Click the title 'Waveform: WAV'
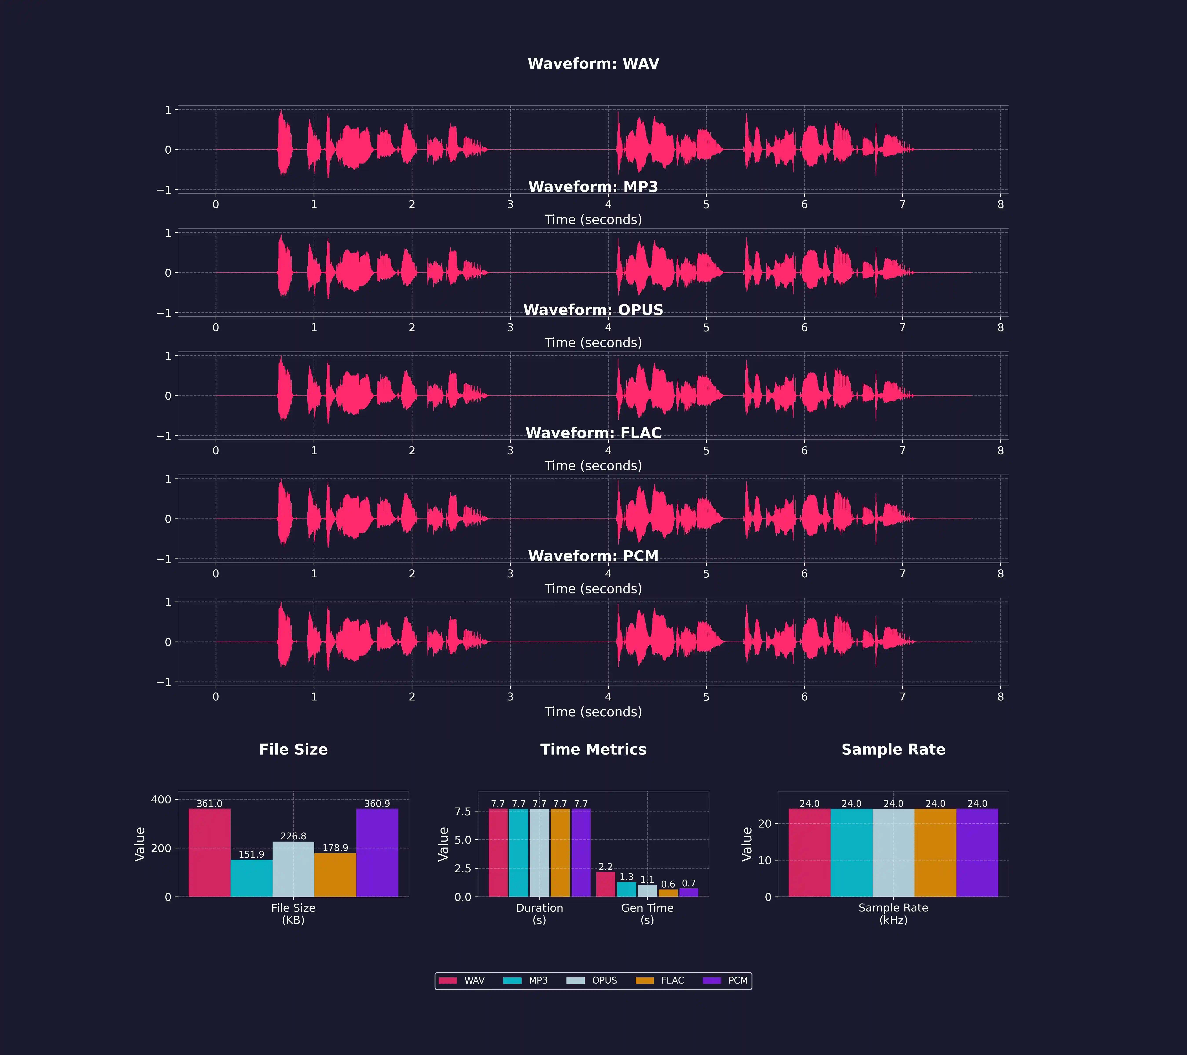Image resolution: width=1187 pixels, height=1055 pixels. point(593,64)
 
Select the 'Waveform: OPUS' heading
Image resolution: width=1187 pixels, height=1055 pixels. point(593,310)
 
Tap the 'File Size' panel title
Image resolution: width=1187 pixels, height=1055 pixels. point(293,749)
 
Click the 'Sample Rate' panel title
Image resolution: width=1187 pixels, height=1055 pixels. point(893,749)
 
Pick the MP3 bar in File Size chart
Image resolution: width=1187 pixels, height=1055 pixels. point(251,878)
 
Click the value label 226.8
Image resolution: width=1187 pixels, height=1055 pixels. point(293,836)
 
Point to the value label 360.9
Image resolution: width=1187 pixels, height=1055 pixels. point(377,804)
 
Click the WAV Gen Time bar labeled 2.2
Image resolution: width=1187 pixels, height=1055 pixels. point(606,884)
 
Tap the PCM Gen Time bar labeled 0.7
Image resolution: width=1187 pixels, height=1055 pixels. point(689,892)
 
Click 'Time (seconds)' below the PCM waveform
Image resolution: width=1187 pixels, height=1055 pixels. point(593,712)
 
